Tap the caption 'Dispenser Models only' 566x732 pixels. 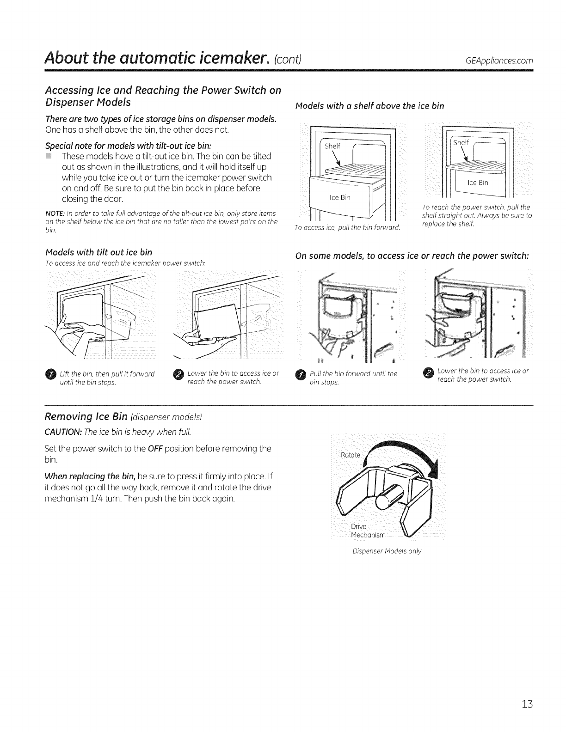tap(387, 551)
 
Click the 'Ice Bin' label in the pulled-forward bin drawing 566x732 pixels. tap(340, 198)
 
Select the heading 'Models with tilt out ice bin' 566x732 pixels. tap(98, 252)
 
